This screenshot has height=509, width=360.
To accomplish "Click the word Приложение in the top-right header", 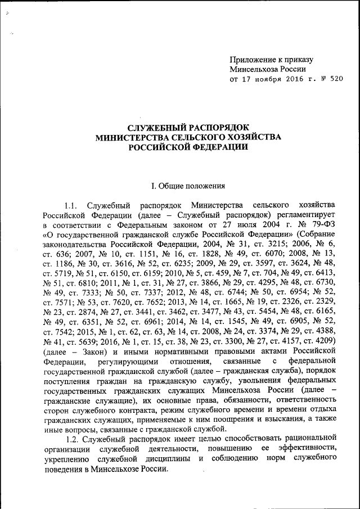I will click(253, 59).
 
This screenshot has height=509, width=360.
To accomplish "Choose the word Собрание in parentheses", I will click(318, 235).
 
